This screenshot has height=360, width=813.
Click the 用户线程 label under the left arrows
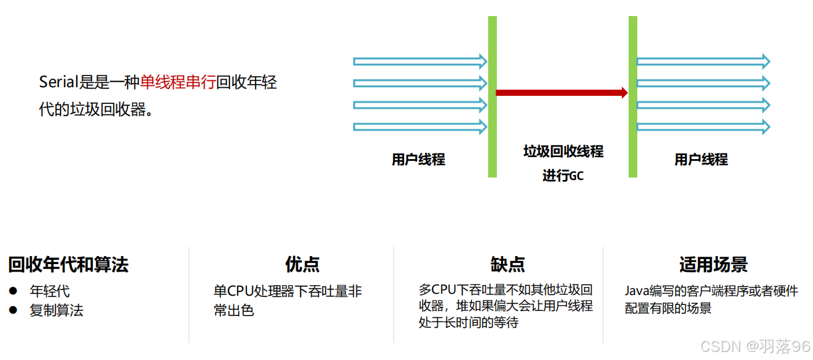[418, 160]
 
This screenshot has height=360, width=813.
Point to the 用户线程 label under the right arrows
[701, 160]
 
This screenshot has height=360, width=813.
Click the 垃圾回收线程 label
[563, 152]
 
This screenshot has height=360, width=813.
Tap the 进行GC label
[563, 176]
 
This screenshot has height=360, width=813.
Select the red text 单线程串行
[178, 82]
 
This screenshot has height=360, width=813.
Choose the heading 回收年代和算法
[68, 265]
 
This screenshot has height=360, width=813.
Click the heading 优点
[303, 265]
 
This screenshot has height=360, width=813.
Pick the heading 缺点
[508, 265]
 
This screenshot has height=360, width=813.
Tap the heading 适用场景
[713, 265]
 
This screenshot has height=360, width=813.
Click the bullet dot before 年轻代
[14, 291]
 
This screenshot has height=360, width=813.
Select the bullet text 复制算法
[56, 310]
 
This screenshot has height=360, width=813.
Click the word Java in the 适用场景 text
[636, 291]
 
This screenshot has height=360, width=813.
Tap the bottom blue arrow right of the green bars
[703, 127]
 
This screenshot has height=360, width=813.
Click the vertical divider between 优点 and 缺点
[394, 294]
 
